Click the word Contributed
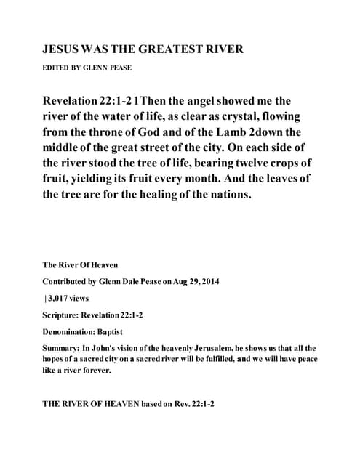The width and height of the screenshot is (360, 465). [71, 280]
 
